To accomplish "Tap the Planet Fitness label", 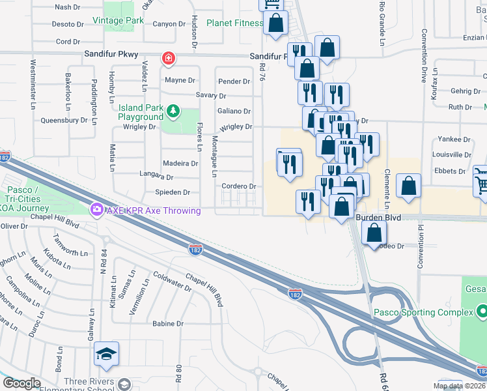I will pos(235,23).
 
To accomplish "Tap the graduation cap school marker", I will pos(106,354).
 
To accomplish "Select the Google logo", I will pos(21,383).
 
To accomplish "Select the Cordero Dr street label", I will pos(236,186).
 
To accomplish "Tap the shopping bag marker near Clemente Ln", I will pos(408,186).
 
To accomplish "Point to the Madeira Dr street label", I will pos(180,164).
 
